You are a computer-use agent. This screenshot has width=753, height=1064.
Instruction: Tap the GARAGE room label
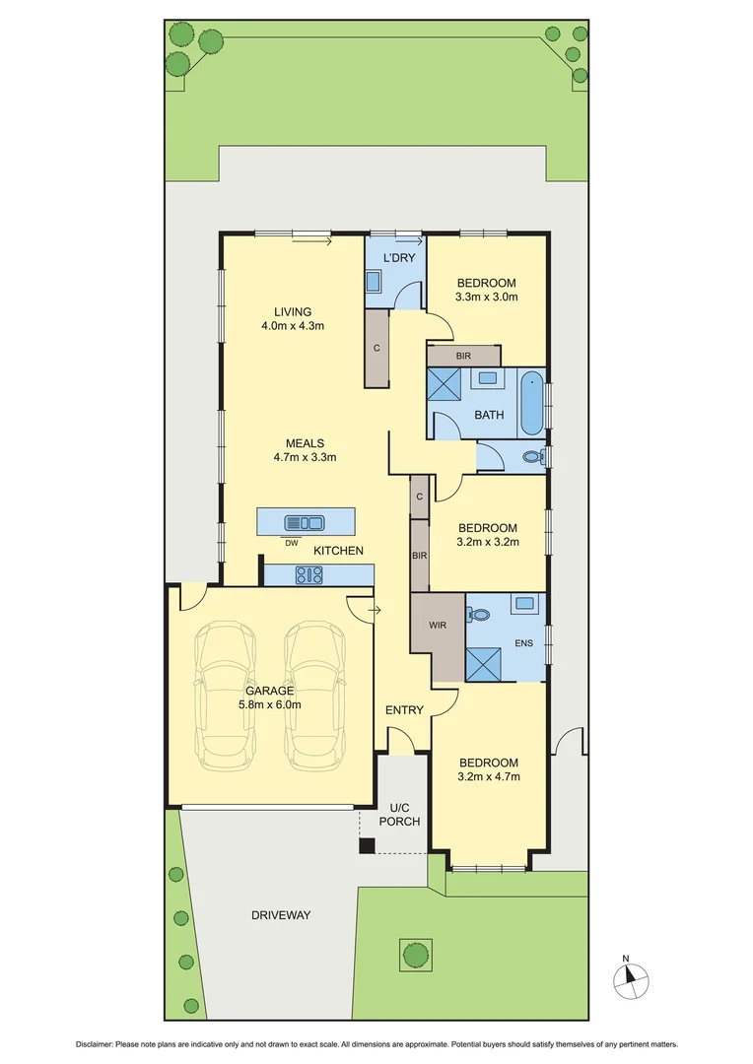[x=269, y=691]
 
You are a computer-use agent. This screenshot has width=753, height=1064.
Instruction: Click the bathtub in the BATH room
[x=531, y=402]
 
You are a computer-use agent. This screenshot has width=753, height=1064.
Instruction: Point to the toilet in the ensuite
[x=480, y=614]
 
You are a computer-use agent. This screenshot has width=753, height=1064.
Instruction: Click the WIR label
[x=439, y=625]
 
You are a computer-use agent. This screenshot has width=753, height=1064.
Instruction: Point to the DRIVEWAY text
[x=281, y=915]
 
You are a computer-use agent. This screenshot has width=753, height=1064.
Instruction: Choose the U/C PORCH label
[x=405, y=814]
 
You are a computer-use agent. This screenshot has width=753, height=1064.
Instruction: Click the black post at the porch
[x=367, y=845]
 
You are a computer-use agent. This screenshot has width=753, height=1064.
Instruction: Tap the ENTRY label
[x=404, y=710]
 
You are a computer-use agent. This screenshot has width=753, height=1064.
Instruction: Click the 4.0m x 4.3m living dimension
[x=293, y=326]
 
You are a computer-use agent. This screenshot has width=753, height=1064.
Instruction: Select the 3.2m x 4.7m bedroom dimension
[x=488, y=777]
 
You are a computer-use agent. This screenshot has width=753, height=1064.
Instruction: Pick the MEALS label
[x=306, y=443]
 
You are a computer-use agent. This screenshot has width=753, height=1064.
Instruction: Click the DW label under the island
[x=291, y=543]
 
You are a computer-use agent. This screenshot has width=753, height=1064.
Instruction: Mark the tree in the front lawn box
[x=414, y=953]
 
